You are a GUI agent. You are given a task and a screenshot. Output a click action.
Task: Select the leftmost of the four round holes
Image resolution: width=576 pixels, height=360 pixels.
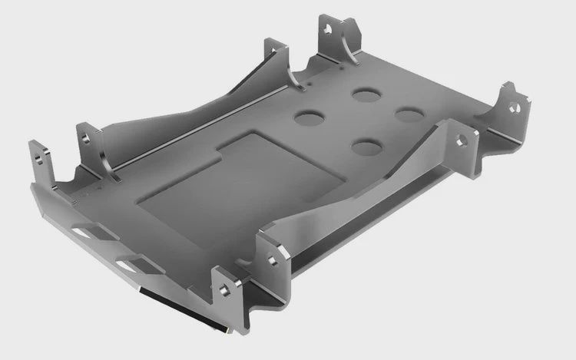[310, 119]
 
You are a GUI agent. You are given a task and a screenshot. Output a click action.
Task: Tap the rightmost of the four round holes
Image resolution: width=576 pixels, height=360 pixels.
[411, 113]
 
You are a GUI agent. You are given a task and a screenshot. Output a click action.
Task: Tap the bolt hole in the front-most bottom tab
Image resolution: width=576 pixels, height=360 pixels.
[223, 290]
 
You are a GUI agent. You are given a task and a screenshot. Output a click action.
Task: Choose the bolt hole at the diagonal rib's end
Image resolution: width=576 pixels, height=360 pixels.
[461, 141]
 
